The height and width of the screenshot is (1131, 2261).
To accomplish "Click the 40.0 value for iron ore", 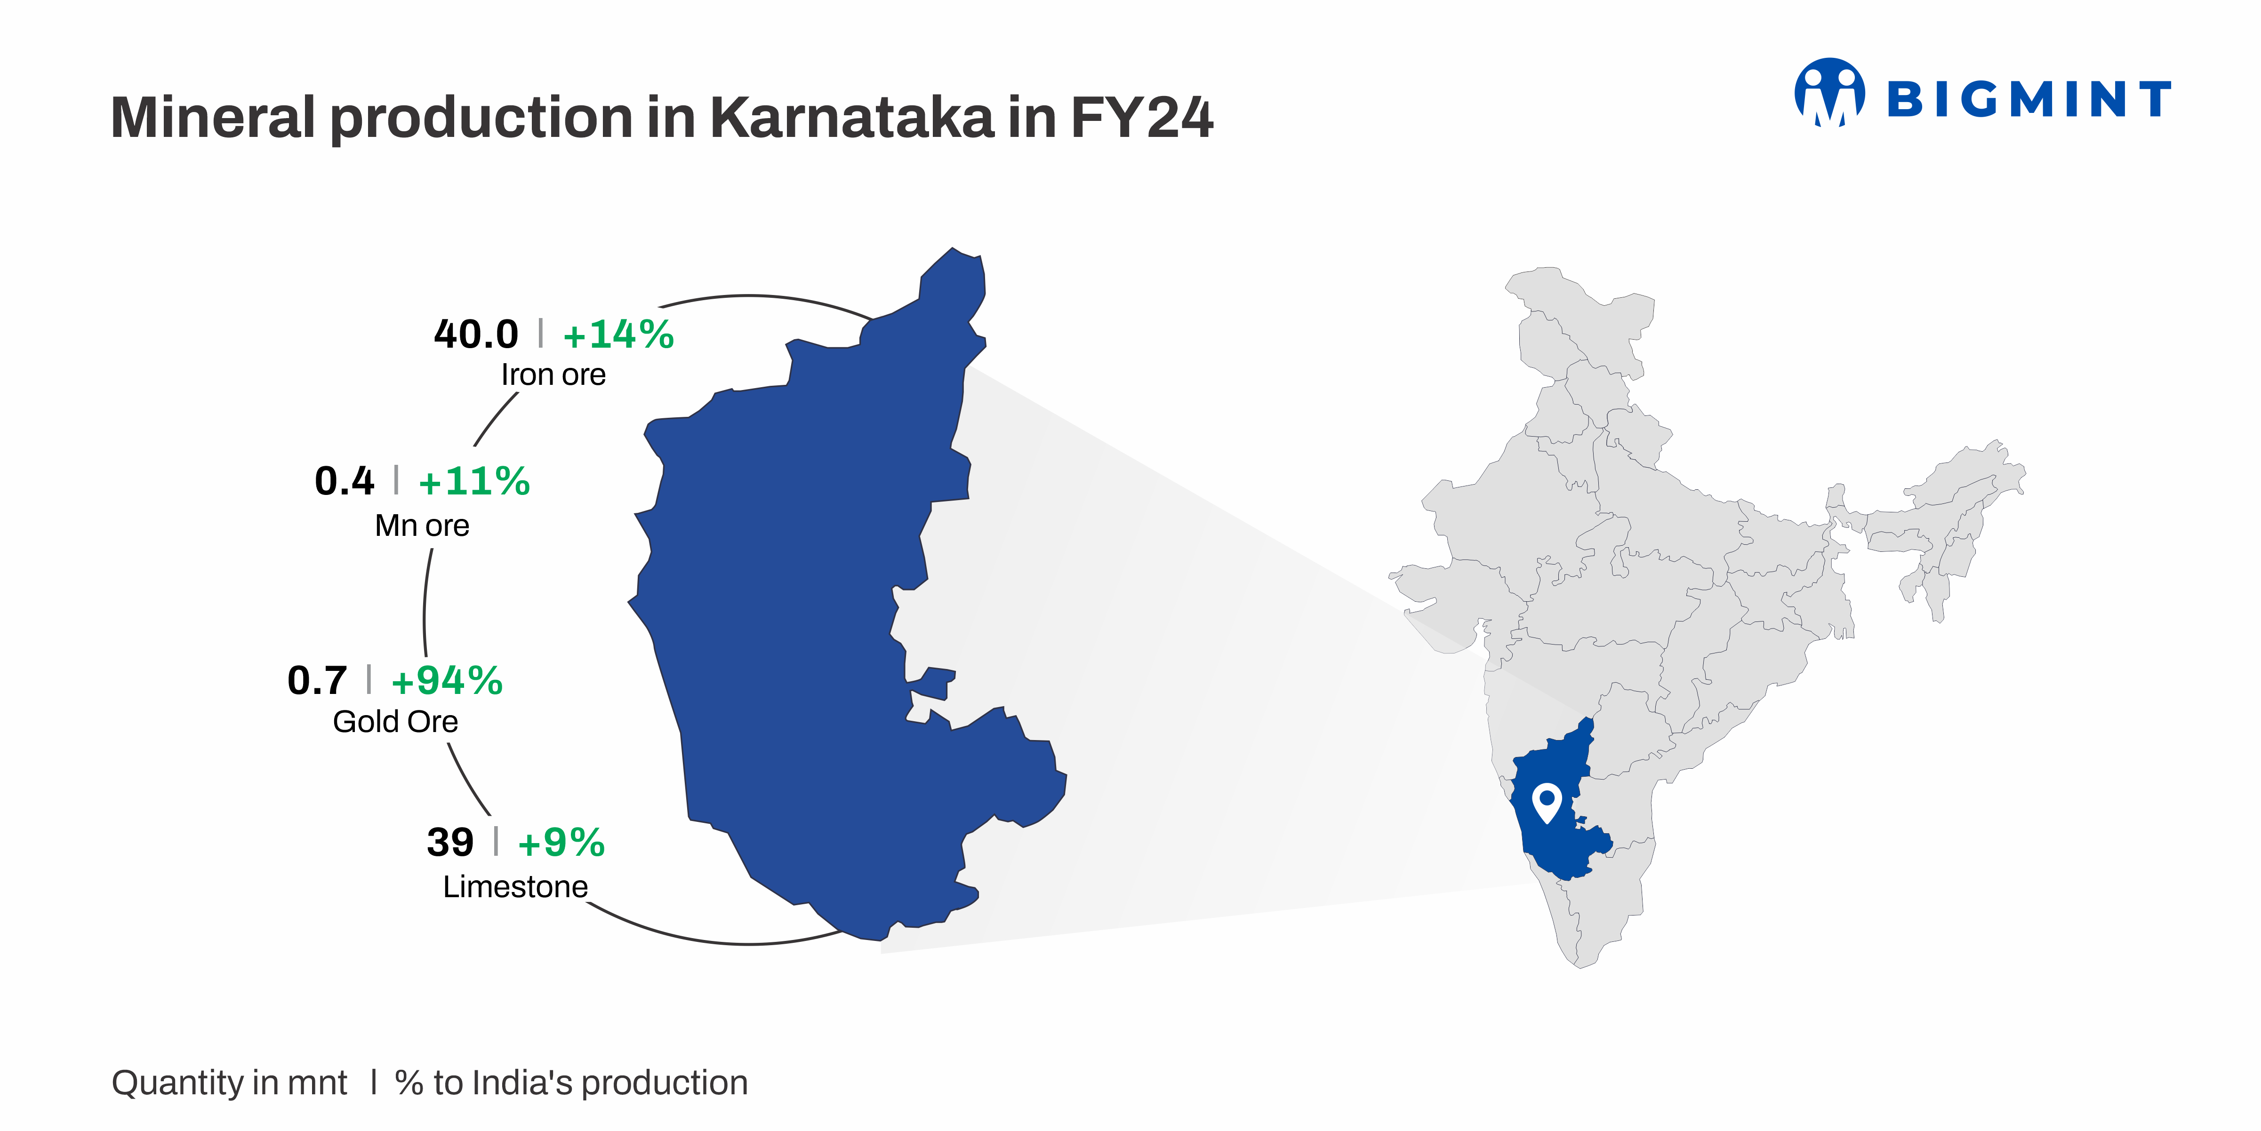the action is [x=476, y=335].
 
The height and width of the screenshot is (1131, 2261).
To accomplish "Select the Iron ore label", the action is [x=553, y=374].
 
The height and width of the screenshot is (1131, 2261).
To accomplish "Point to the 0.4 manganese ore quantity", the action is [x=344, y=481].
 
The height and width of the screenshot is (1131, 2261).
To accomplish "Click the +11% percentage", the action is [x=474, y=481].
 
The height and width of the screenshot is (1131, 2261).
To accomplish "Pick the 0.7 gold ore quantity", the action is [x=317, y=680].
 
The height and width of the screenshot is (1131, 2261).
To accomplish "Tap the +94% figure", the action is [x=447, y=680].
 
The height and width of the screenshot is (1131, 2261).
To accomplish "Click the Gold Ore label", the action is [x=395, y=721].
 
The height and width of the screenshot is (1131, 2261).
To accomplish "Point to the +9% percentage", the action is [x=561, y=842].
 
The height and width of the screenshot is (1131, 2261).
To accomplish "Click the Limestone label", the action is [x=515, y=887].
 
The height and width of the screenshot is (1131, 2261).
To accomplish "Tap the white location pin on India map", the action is [x=1546, y=802].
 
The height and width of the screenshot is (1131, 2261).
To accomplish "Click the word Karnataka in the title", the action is [x=851, y=117].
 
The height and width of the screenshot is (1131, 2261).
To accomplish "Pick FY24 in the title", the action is [x=1141, y=117].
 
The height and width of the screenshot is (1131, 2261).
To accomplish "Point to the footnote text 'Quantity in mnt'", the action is [x=229, y=1083].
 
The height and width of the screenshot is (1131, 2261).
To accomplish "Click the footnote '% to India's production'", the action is [x=571, y=1083].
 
